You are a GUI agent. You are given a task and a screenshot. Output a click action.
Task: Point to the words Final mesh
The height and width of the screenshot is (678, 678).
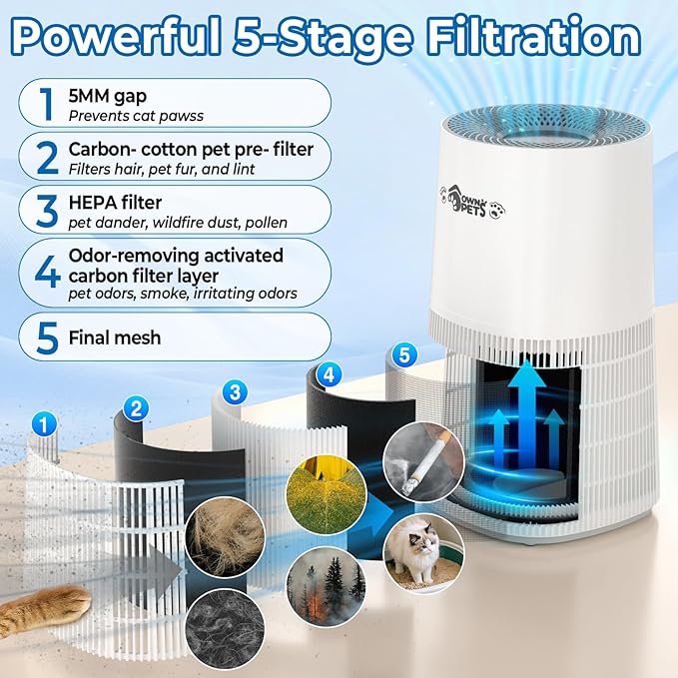tap(115, 337)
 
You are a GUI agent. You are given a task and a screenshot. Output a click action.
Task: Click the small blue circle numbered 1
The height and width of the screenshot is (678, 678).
tap(42, 423)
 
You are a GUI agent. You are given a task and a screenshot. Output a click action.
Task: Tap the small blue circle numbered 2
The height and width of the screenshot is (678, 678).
tap(137, 406)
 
